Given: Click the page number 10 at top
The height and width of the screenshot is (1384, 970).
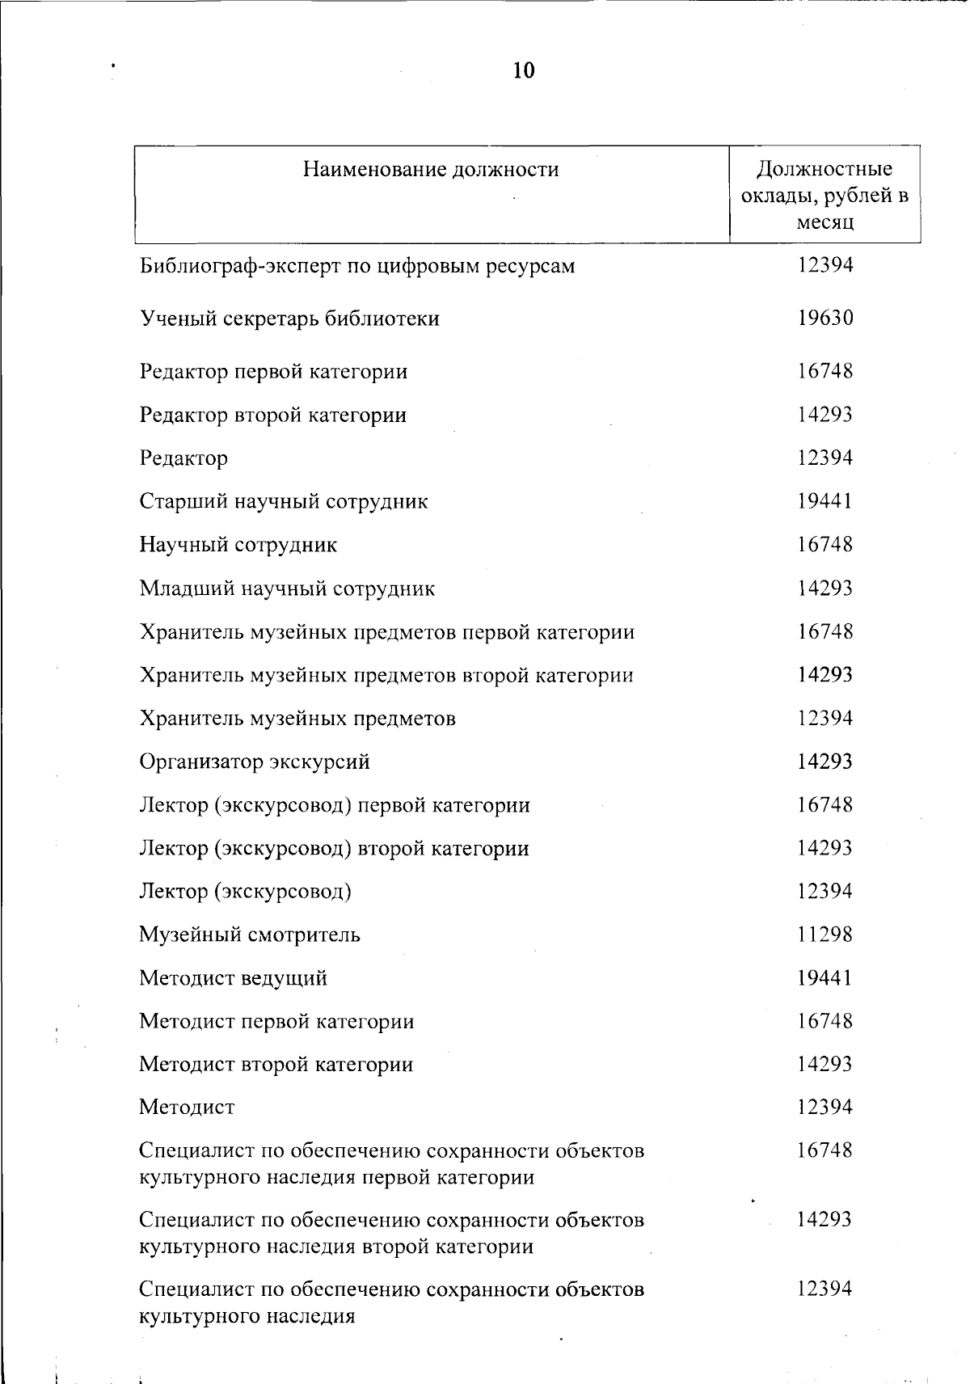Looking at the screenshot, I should click(x=524, y=71).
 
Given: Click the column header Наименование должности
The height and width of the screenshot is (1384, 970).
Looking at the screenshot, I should click(x=431, y=170).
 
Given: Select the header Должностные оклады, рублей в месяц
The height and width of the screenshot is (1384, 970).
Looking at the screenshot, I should click(x=824, y=195).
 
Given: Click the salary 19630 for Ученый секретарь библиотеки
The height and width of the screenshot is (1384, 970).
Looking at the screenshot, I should click(x=824, y=318).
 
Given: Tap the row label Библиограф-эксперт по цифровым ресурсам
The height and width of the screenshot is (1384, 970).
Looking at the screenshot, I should click(x=357, y=266).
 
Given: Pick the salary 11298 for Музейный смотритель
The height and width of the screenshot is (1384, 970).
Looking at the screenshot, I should click(x=824, y=935).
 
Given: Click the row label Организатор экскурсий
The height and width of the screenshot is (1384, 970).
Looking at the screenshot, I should click(x=255, y=762).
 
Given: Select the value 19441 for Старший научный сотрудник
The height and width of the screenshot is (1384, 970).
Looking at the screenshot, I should click(x=824, y=501).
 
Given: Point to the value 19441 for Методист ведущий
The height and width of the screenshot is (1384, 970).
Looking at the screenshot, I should click(x=824, y=978).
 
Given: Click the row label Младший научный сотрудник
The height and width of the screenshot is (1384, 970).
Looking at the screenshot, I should click(x=287, y=589).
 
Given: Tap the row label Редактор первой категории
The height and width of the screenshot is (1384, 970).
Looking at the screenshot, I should click(x=273, y=372).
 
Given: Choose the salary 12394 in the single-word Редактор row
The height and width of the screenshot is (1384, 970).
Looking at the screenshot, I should click(x=824, y=458).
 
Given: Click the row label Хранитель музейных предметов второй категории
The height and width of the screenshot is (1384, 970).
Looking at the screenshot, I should click(x=386, y=675).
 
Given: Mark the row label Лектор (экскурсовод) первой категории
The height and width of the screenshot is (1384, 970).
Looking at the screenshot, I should click(x=335, y=805).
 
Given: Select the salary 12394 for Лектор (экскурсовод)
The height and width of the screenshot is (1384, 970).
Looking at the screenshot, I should click(x=824, y=891).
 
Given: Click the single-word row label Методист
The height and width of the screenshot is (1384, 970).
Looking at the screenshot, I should click(x=187, y=1107).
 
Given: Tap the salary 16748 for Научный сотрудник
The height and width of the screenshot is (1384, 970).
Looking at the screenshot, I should click(x=824, y=545).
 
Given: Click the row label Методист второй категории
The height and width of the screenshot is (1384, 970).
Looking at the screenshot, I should click(x=276, y=1064).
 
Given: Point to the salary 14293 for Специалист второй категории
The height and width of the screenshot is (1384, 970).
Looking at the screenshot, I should click(x=824, y=1219).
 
